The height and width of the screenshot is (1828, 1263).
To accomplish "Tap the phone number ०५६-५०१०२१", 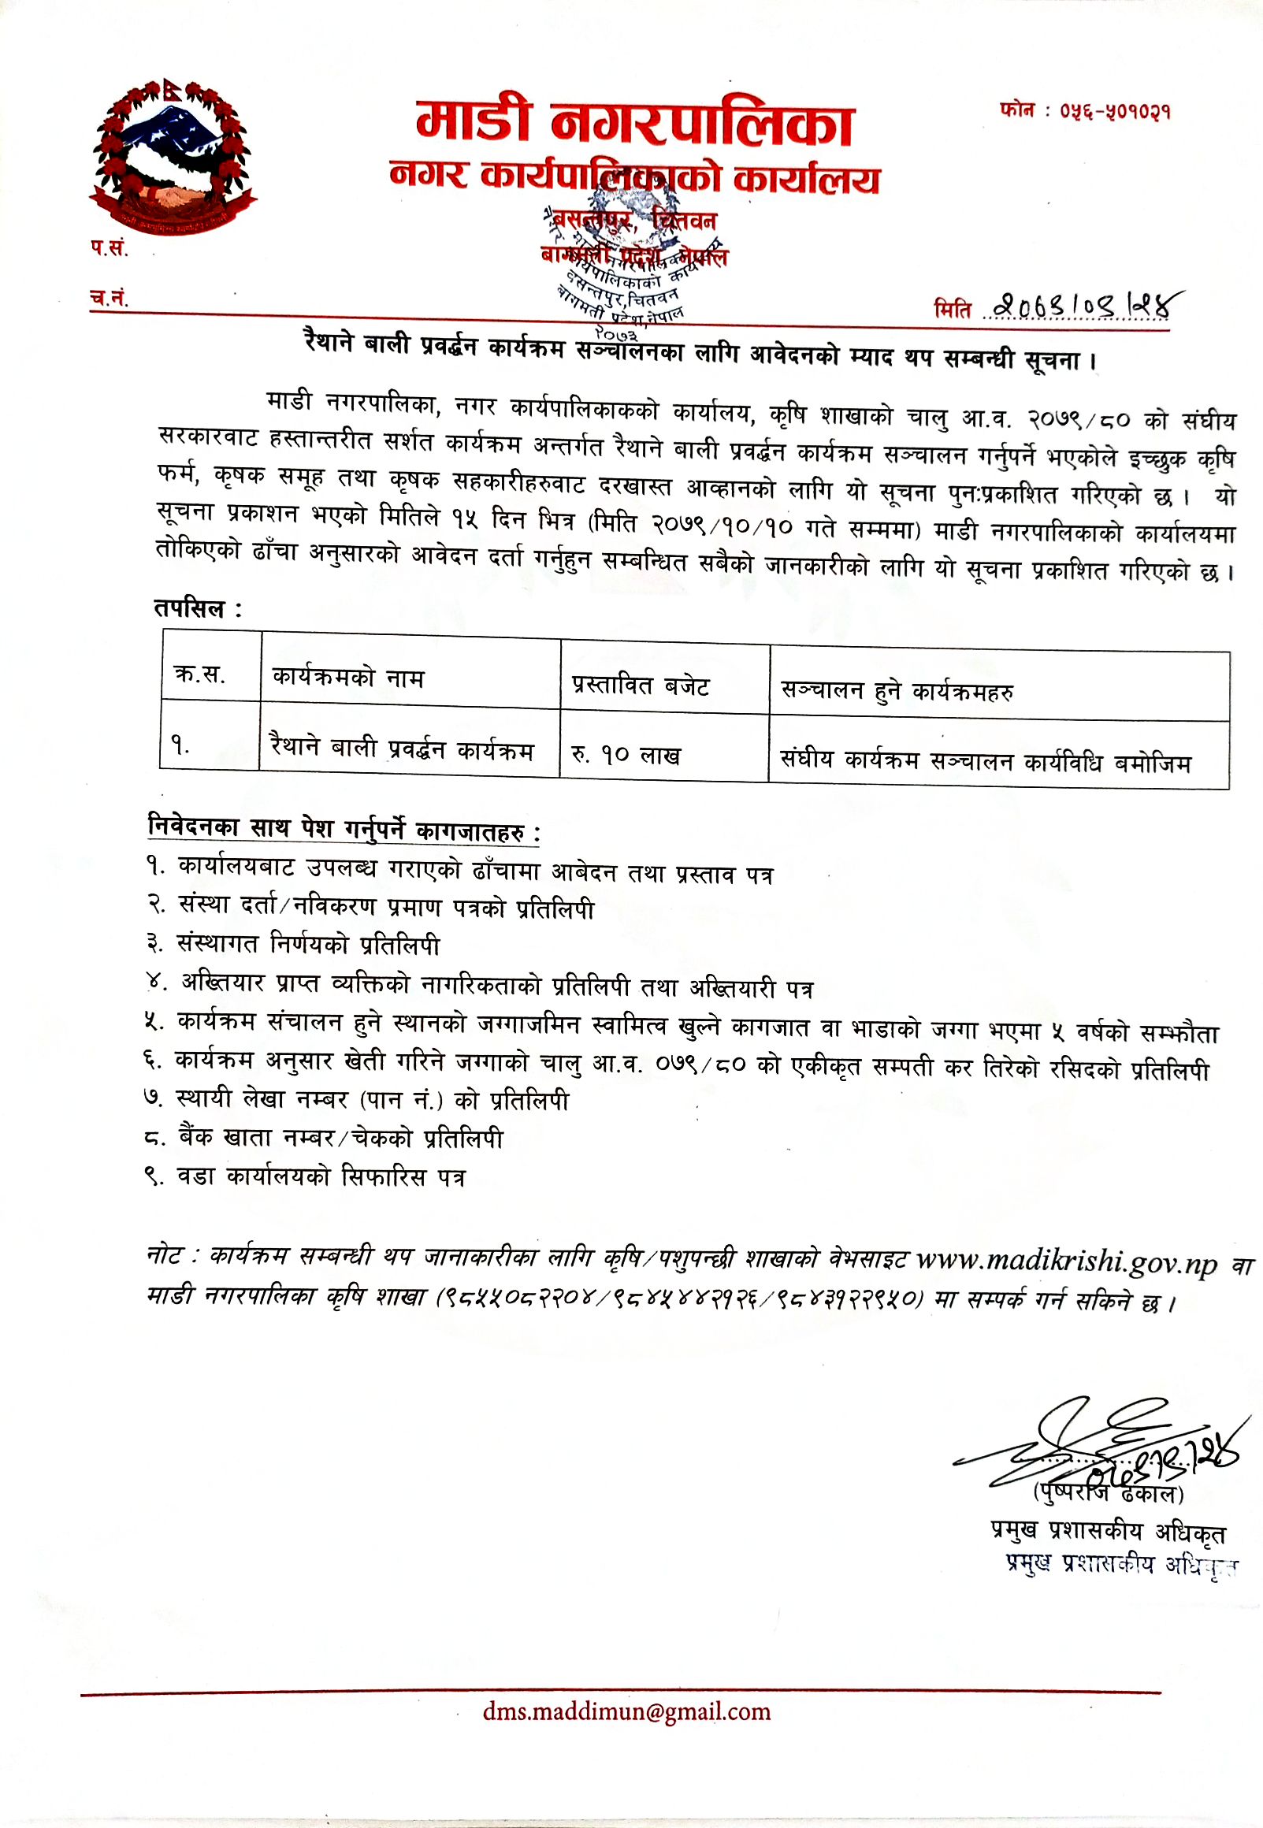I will [x=1086, y=112].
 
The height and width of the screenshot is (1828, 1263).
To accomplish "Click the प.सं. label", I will [x=109, y=249].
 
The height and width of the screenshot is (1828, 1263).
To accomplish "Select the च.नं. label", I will [x=109, y=299].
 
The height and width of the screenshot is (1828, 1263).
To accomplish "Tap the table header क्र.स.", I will [x=200, y=674].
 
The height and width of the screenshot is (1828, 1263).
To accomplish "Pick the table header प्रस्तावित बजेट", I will [x=641, y=684].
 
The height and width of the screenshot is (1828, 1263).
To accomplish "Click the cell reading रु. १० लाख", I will [x=625, y=754].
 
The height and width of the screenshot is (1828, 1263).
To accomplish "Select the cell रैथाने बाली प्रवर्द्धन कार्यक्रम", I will [x=402, y=748].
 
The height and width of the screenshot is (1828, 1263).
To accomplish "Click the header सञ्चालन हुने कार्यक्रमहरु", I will [x=897, y=691].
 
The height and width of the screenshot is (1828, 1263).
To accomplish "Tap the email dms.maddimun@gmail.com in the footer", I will [x=626, y=1711].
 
